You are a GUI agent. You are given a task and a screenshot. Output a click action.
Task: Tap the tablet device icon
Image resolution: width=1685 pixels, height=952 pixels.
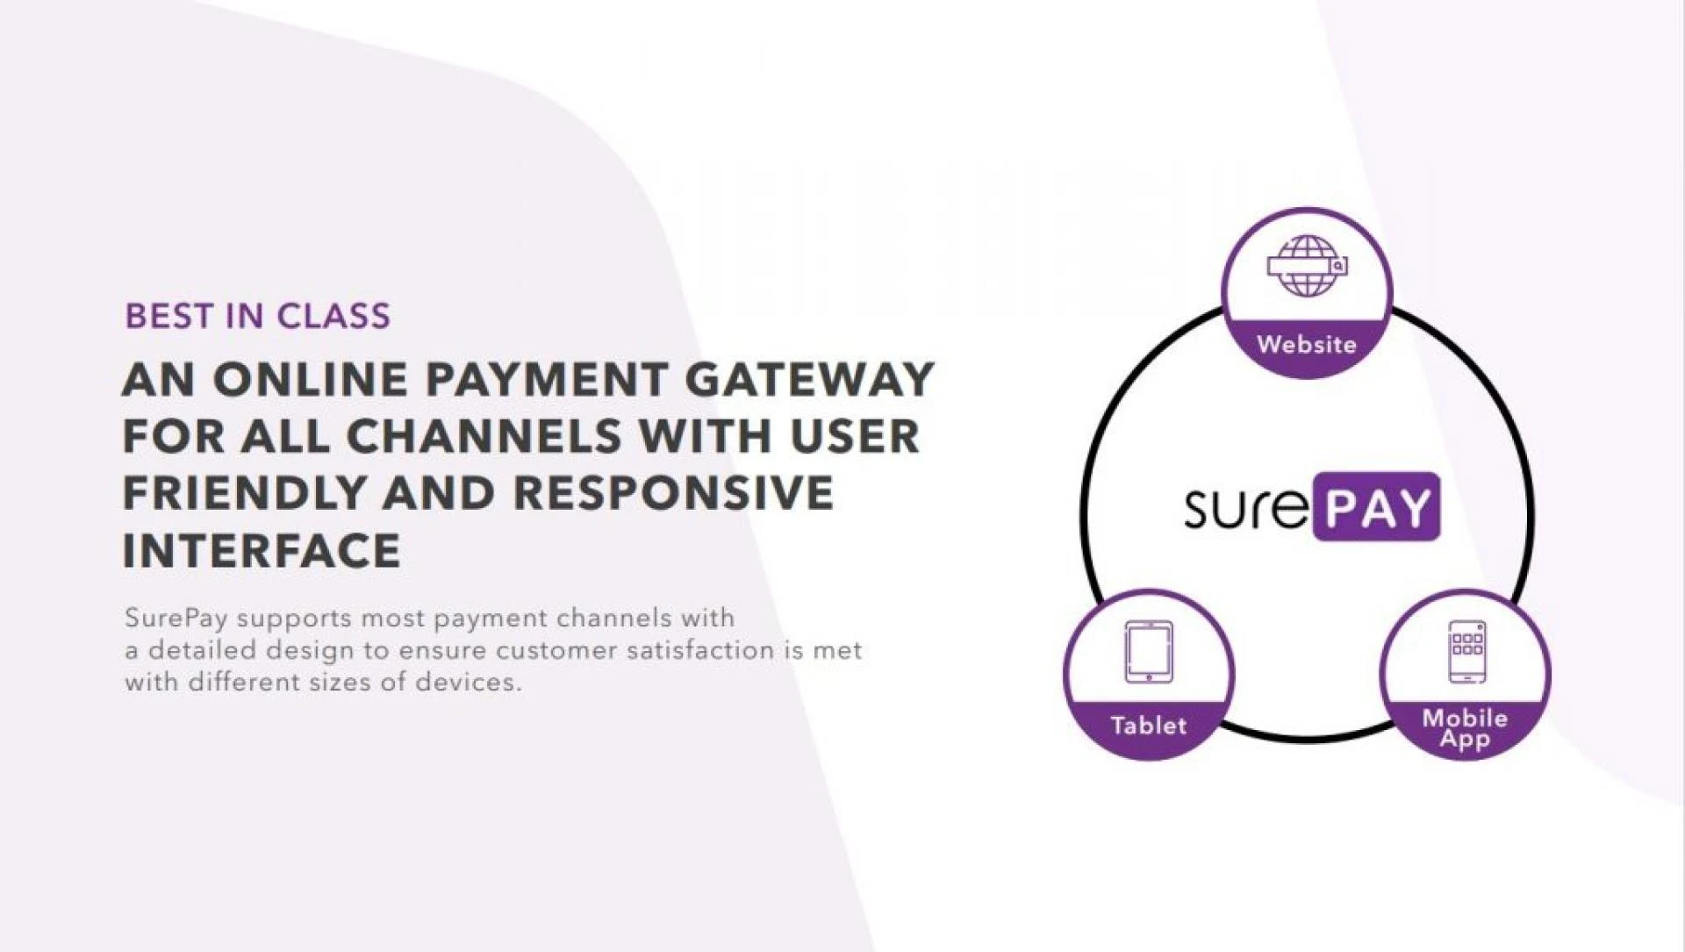coord(1148,652)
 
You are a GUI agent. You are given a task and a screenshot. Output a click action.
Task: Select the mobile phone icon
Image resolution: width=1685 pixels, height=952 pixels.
coord(1466,651)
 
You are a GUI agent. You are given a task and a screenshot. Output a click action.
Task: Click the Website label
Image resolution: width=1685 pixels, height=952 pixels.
coord(1307,345)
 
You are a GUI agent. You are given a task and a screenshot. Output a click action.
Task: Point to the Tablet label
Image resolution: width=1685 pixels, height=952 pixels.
coord(1148,726)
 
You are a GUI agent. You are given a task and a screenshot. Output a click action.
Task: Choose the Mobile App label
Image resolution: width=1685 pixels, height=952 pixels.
coord(1465,729)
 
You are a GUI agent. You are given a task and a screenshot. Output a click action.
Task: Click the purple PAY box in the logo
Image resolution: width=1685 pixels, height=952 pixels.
coord(1376,507)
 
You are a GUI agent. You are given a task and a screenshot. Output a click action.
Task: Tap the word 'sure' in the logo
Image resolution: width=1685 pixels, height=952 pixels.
coord(1245,508)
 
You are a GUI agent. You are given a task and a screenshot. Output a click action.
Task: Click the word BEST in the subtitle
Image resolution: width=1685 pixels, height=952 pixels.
coord(168,317)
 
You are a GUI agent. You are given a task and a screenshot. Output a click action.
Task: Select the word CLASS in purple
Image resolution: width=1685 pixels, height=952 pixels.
coord(333,317)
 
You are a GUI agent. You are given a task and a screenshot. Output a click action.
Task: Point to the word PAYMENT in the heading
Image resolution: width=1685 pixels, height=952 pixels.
coord(545,380)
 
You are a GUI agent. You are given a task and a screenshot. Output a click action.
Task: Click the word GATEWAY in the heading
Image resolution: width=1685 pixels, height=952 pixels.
coord(808,380)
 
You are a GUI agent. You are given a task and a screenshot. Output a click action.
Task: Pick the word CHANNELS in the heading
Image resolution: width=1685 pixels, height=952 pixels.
coord(484,436)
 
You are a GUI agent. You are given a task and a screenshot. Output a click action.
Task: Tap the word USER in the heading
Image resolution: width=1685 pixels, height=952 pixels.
coord(855,436)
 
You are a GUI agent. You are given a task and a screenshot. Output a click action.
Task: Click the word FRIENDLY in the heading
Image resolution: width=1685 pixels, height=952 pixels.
coord(243,493)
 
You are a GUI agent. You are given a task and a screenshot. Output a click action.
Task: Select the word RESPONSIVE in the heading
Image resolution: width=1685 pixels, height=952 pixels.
coord(674,493)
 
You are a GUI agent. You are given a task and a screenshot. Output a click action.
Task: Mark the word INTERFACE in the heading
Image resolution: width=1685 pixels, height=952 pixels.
coord(262,551)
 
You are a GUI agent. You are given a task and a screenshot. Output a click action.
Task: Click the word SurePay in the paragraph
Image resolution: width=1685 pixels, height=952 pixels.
coord(176,619)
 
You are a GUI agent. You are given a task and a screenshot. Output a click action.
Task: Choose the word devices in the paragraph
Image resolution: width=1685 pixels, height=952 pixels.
coord(468,683)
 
